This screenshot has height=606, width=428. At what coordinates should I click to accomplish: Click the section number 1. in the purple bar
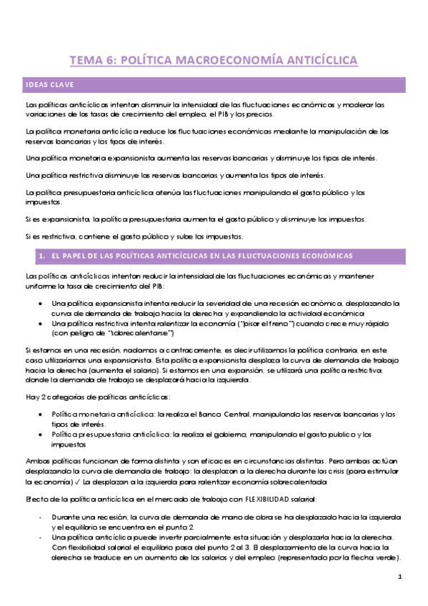click(44, 256)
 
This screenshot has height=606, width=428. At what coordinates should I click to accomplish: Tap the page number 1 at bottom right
click(399, 576)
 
